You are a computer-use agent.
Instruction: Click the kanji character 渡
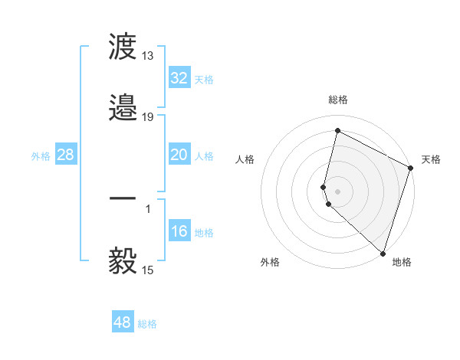[x=123, y=48]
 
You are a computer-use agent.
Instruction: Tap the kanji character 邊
[x=123, y=107]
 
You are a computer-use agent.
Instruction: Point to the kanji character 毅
[x=123, y=261]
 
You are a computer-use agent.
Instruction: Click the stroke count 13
[x=148, y=56]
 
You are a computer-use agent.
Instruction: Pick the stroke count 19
[x=148, y=116]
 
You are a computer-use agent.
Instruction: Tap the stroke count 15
[x=148, y=270]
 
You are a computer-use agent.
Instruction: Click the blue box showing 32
[x=179, y=78]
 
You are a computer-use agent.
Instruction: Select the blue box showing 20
[x=179, y=155]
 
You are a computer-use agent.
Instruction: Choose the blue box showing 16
[x=179, y=231]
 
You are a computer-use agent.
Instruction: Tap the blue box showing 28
[x=65, y=155]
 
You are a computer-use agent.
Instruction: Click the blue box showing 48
[x=122, y=322]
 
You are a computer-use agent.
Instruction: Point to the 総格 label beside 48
[x=147, y=324]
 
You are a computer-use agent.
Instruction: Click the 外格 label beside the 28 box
[x=41, y=156]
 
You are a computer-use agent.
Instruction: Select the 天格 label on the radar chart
[x=431, y=159]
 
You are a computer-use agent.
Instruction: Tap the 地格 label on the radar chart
[x=402, y=262]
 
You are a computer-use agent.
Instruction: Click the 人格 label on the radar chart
[x=245, y=159]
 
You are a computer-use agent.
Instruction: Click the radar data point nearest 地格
[x=383, y=254]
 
